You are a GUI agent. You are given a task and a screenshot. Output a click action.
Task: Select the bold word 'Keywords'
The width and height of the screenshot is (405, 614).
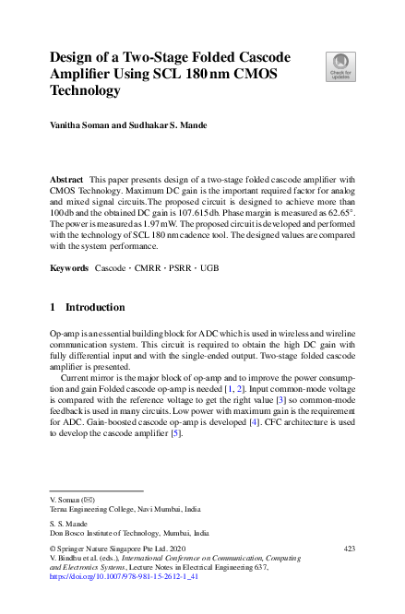tap(69, 267)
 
